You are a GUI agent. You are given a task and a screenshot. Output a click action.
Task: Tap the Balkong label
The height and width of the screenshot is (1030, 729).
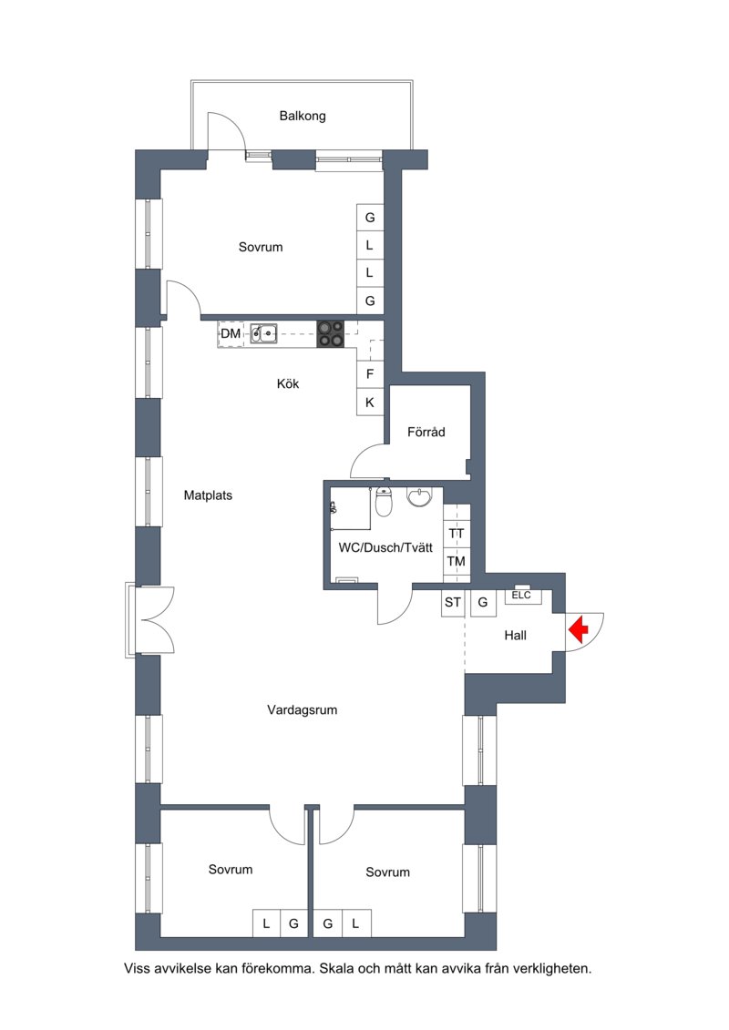303,117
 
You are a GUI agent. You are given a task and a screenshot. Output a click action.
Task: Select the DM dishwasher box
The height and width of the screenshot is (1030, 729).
231,333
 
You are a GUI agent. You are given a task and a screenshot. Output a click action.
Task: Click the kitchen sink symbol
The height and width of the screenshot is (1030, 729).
263,333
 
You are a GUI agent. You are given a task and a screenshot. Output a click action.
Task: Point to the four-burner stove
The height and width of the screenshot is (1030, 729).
331,333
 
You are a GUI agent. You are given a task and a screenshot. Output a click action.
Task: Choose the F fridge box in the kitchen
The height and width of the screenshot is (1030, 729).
370,374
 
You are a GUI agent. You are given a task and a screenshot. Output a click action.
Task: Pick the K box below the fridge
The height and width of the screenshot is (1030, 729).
370,402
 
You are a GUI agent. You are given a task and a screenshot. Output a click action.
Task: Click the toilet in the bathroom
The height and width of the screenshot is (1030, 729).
384,503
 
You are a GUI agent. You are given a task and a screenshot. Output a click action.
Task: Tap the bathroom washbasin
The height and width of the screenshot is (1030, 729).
419,496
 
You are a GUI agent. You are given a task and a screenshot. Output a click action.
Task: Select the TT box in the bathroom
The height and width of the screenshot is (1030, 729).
457,534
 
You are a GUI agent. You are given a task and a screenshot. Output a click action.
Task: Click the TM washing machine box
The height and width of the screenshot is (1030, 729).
457,561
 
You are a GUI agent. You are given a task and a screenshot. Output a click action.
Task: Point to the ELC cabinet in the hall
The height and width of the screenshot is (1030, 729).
522,595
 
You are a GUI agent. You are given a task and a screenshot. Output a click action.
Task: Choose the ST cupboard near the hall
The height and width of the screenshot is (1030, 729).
453,602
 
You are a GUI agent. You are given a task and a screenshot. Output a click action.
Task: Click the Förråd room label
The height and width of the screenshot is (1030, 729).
426,433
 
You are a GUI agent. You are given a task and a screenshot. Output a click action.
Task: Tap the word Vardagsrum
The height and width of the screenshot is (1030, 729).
303,710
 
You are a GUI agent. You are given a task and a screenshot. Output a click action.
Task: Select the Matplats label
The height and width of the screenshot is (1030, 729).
208,496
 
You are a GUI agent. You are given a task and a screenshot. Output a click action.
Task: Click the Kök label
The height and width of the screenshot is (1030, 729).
288,383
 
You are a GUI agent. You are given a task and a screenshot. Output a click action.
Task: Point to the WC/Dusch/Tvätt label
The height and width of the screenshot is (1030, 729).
385,548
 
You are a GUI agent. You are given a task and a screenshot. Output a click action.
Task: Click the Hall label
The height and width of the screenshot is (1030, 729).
516,636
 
